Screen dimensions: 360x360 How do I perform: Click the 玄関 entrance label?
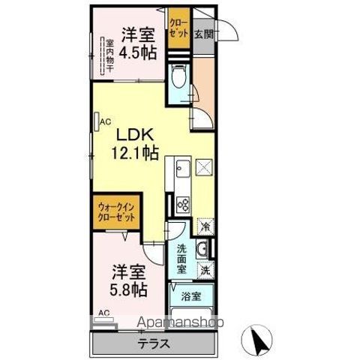coord(203,33)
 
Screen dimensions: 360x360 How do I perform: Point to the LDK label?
coord(134,135)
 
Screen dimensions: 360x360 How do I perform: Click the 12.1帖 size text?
coord(135,153)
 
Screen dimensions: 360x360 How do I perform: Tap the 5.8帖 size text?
coord(130,288)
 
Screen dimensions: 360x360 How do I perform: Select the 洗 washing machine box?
coord(204,268)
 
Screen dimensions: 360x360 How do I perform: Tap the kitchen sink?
coord(181,169)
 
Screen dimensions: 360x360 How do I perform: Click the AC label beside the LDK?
coord(105,118)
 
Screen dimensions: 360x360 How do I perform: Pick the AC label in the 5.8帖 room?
coord(103,313)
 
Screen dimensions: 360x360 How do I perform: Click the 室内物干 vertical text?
coord(109,56)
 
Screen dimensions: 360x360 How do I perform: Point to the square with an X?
coord(205,167)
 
